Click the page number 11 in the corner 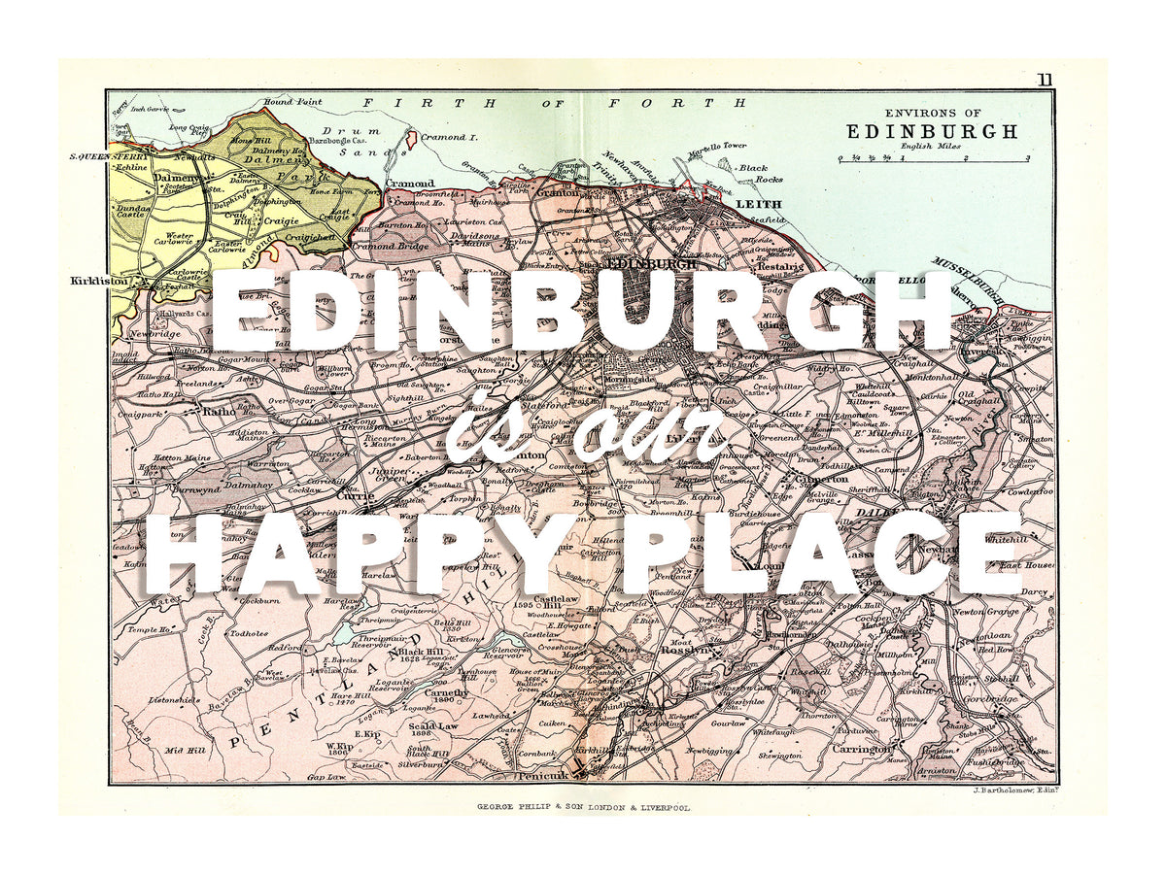tap(1044, 81)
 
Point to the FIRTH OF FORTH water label tap(555, 102)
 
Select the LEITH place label tap(753, 205)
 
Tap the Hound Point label tap(292, 101)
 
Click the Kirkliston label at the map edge tap(101, 281)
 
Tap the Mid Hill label tap(184, 750)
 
